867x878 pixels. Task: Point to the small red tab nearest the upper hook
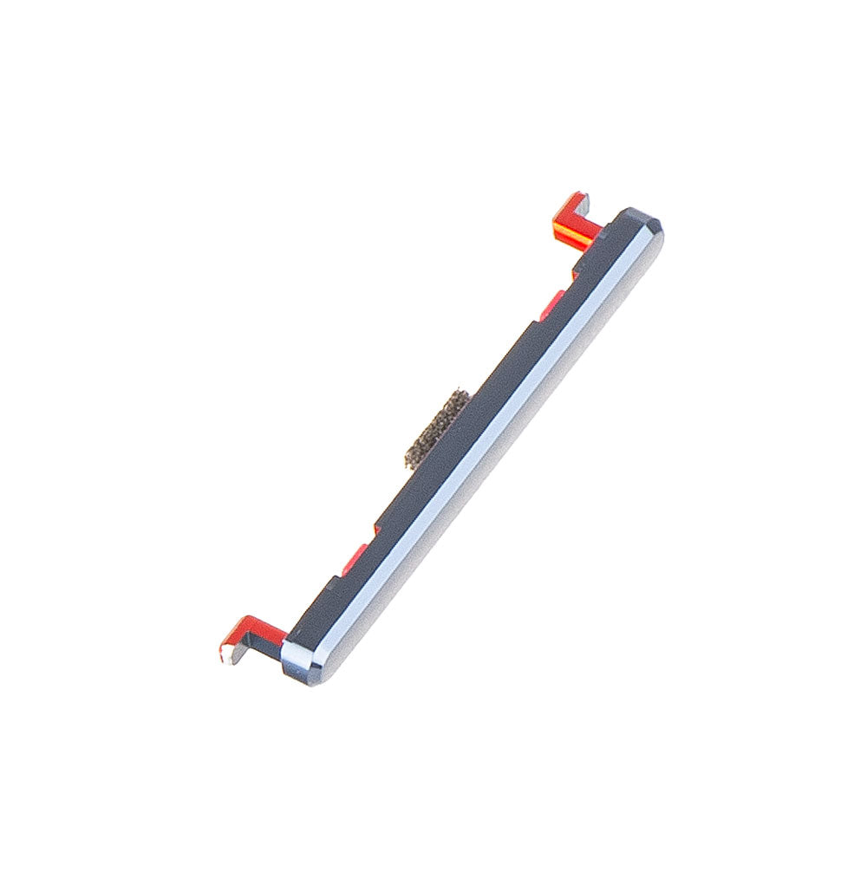pyautogui.click(x=552, y=300)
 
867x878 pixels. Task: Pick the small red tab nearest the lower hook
pyautogui.click(x=355, y=559)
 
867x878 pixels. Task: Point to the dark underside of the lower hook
pyautogui.click(x=260, y=646)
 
